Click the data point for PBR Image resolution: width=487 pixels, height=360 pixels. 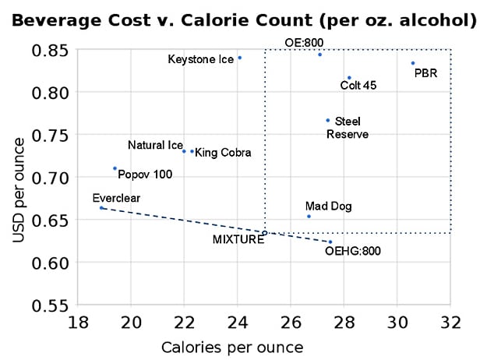click(413, 63)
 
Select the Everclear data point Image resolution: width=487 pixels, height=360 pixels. click(101, 208)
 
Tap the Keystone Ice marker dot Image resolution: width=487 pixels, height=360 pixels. click(239, 58)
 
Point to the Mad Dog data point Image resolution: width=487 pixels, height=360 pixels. click(309, 217)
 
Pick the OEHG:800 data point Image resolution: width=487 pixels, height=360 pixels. click(330, 242)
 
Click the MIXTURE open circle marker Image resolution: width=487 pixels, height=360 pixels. click(265, 232)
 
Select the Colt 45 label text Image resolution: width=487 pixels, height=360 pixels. click(358, 85)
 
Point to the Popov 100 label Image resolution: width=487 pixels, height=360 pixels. click(145, 175)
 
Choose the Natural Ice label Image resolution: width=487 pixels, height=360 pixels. click(155, 145)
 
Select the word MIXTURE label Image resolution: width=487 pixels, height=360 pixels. click(238, 240)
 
